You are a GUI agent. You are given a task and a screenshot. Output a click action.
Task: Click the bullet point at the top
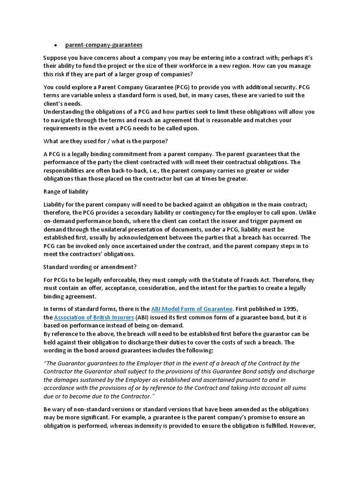[56, 45]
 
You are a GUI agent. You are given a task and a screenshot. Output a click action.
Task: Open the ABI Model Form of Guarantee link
[192, 308]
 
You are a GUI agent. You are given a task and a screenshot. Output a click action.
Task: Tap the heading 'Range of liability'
[66, 192]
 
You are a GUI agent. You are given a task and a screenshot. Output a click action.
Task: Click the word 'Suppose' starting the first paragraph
[56, 58]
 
